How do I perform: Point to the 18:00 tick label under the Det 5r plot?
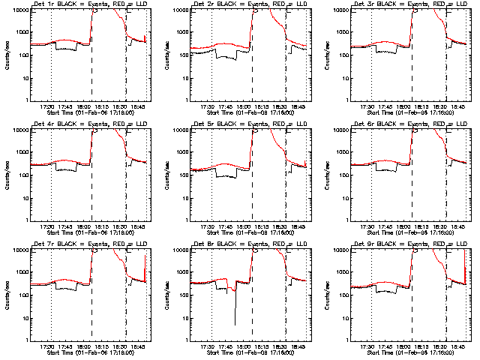click(243, 226)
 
